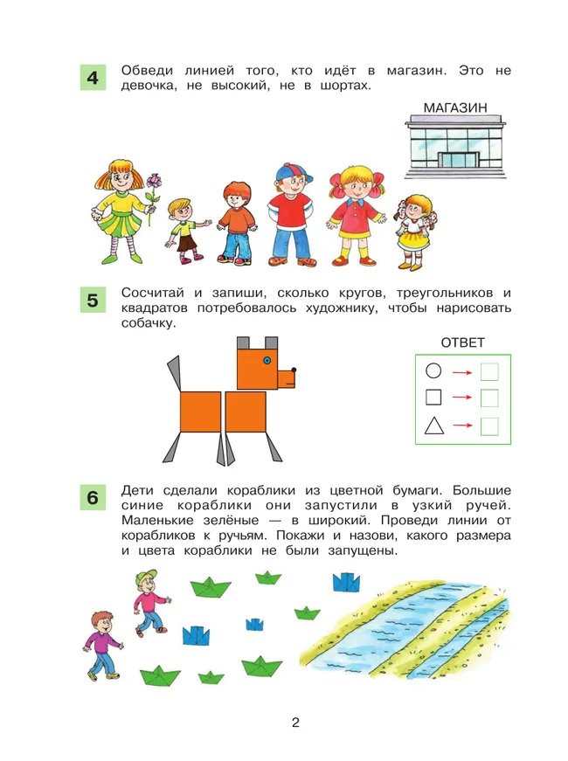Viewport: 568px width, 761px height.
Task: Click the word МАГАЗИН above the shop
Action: tap(454, 107)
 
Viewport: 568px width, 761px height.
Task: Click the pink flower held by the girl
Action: tap(156, 182)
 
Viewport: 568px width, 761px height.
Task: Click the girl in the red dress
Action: tap(357, 217)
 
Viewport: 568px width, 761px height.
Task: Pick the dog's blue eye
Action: tap(267, 360)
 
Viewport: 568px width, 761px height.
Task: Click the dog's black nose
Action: tap(294, 370)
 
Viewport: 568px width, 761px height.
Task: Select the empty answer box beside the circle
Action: tap(489, 371)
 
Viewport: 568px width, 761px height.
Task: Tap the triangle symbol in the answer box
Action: tap(433, 426)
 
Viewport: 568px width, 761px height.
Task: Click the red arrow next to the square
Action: tap(461, 398)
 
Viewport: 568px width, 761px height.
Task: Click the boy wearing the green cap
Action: tap(149, 603)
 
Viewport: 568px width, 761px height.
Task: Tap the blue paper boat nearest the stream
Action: tap(346, 581)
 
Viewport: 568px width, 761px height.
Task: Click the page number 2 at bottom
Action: tap(295, 723)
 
